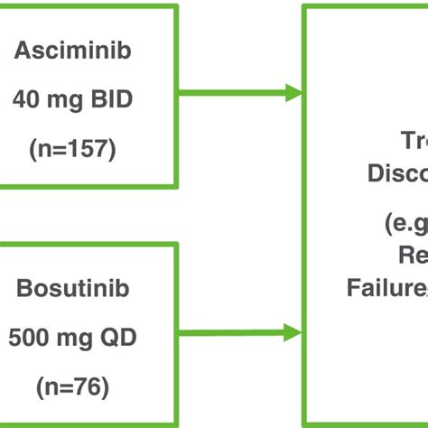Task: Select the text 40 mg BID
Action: (x=72, y=99)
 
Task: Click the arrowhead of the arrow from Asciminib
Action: (x=293, y=92)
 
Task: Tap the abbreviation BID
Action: (x=112, y=99)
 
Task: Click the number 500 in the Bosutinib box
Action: (x=26, y=289)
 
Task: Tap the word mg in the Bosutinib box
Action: (x=72, y=289)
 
